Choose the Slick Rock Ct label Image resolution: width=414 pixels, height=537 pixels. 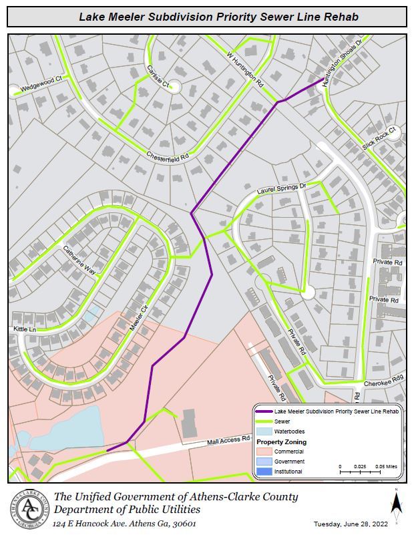pos(379,138)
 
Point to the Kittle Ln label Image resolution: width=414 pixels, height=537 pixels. pos(24,330)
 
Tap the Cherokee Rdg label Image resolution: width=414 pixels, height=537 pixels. pos(383,384)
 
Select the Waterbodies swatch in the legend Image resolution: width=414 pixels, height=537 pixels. pos(264,431)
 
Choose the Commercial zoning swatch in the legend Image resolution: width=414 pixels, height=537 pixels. pos(264,452)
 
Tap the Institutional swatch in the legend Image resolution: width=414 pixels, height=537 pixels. pos(264,472)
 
